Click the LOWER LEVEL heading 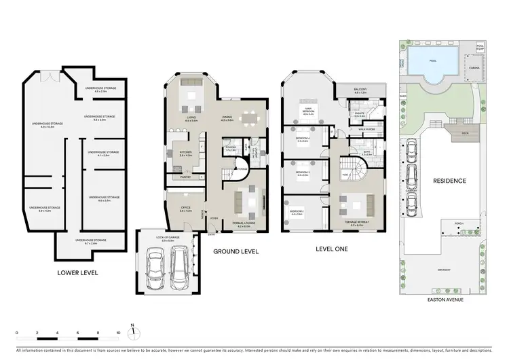pyautogui.click(x=79, y=273)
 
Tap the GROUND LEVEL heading pyautogui.click(x=235, y=251)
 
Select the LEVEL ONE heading pyautogui.click(x=331, y=249)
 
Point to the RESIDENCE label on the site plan pyautogui.click(x=449, y=181)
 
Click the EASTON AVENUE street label pyautogui.click(x=445, y=299)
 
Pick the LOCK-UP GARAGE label pyautogui.click(x=166, y=238)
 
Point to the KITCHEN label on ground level pyautogui.click(x=186, y=154)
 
